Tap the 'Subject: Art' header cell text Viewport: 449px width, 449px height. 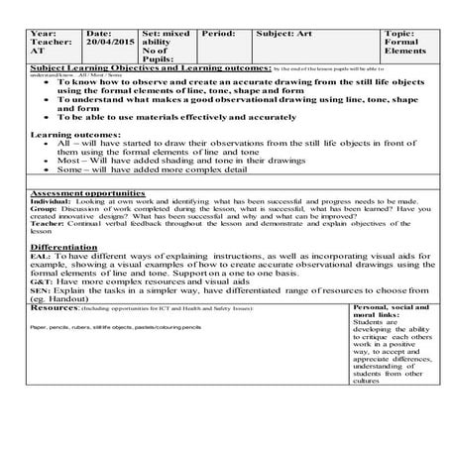pos(284,33)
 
